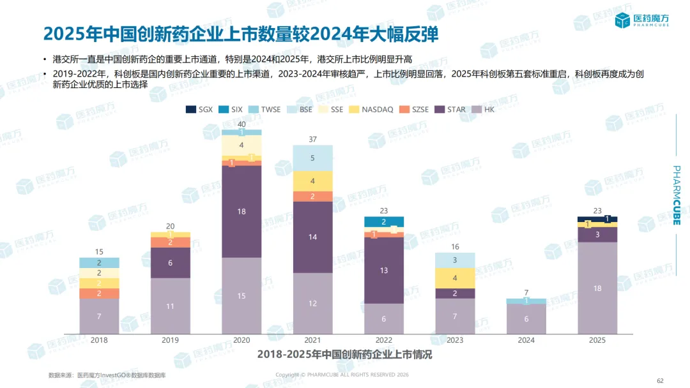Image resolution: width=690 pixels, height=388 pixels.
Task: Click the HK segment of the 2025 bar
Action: click(x=597, y=288)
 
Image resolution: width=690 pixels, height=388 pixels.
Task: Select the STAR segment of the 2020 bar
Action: click(x=241, y=211)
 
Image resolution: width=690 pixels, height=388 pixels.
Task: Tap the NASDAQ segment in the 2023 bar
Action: click(x=455, y=278)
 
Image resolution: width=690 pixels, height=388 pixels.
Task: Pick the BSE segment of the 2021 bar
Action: click(x=312, y=158)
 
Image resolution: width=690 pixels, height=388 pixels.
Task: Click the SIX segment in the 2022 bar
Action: click(x=384, y=222)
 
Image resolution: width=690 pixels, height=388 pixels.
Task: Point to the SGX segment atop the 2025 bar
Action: click(x=597, y=219)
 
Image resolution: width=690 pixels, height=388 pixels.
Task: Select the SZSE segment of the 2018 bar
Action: click(x=99, y=294)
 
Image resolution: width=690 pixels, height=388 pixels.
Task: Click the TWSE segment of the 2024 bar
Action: click(x=526, y=301)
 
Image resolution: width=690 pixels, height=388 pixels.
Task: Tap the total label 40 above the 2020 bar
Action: click(x=241, y=124)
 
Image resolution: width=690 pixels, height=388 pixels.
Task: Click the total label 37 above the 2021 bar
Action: click(x=312, y=139)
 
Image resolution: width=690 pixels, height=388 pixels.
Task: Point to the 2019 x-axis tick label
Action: click(x=170, y=341)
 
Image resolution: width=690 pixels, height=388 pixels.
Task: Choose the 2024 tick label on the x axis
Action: click(x=526, y=341)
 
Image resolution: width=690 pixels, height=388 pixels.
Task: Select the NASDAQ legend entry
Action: click(x=372, y=110)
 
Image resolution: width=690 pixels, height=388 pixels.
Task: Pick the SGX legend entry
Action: click(x=199, y=110)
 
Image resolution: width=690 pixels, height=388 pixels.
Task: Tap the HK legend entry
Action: click(x=484, y=110)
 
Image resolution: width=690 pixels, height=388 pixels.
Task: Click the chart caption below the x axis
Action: click(x=344, y=355)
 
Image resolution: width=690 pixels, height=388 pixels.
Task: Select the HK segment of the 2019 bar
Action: click(x=170, y=306)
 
